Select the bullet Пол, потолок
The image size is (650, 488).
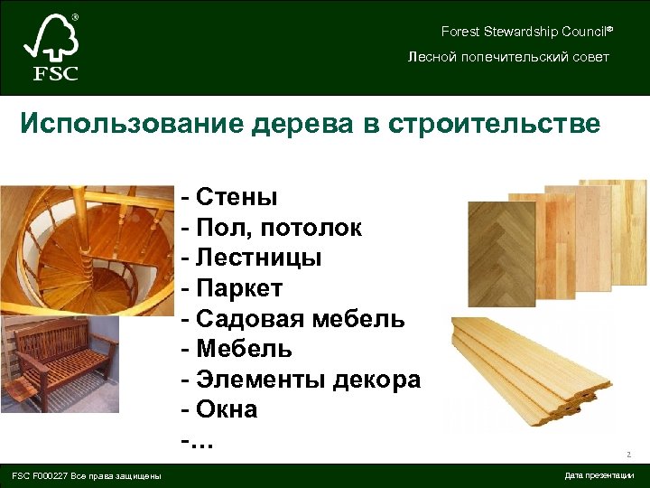(x=271, y=228)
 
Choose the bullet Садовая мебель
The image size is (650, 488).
(x=293, y=319)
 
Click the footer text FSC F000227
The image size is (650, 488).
(x=86, y=475)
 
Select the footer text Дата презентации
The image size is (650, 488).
(x=599, y=475)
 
